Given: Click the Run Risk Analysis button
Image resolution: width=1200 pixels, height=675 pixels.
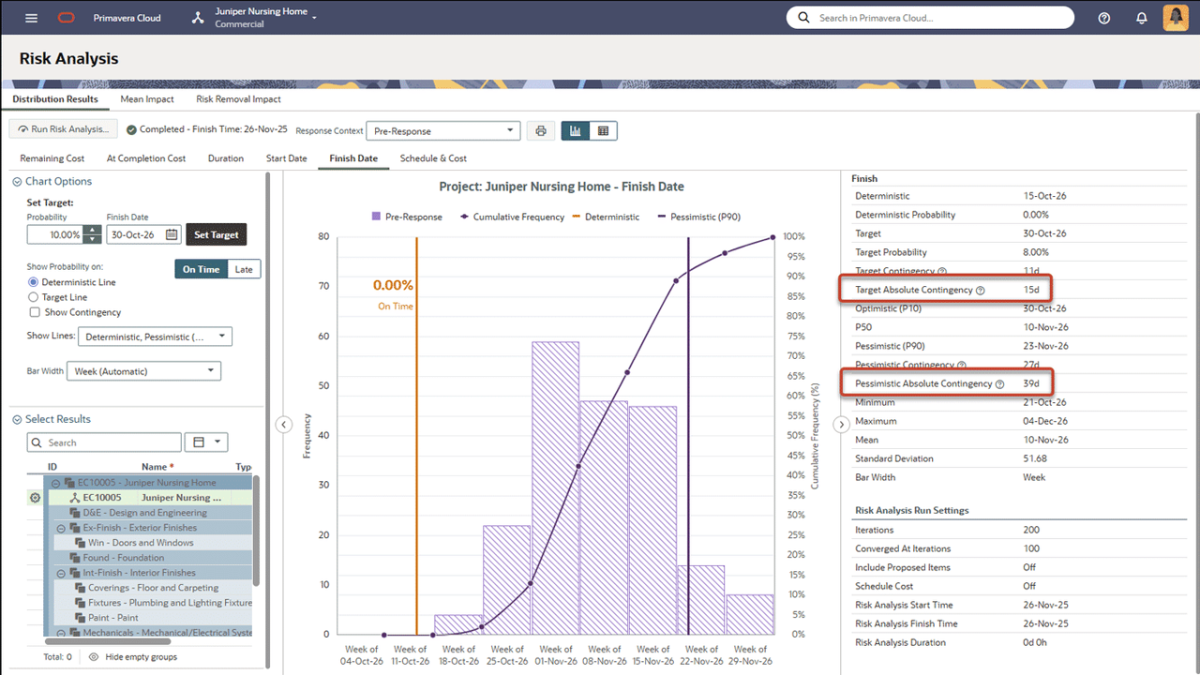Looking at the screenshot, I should point(64,130).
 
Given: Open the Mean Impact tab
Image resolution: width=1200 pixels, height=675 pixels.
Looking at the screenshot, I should point(147,98).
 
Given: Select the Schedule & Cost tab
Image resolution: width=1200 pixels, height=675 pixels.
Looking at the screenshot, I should point(433,158).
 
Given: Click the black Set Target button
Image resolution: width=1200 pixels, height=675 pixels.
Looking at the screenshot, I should point(217,234).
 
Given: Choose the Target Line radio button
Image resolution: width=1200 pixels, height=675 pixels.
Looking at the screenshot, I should point(35,297).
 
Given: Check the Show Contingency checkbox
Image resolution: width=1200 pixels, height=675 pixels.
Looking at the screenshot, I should point(35,312).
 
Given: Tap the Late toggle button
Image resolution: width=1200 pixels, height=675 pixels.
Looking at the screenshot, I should point(244,269).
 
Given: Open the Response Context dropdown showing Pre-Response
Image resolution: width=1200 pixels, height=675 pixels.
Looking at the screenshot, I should point(442,131).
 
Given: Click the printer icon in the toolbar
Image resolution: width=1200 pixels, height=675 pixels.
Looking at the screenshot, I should point(541,131).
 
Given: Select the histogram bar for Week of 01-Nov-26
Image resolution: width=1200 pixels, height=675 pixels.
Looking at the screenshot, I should point(555,487).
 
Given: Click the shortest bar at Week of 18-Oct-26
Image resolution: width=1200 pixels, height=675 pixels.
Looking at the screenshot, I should point(458,624).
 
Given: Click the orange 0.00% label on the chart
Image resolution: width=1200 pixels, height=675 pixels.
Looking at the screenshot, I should point(394,285).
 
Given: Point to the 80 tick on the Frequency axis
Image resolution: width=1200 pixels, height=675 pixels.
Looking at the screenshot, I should point(323,236).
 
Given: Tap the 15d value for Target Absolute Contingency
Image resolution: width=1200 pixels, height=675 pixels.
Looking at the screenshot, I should point(1031,290).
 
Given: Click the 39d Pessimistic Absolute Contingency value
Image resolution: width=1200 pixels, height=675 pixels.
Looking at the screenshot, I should point(1031,383).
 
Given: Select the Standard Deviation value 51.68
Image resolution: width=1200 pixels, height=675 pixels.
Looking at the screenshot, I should point(1035,458).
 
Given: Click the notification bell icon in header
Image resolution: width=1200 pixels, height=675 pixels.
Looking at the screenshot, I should point(1141,18).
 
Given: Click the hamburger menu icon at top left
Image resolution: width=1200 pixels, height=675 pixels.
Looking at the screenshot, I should point(32,18).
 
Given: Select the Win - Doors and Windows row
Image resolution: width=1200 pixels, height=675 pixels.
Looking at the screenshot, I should point(141,543).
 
